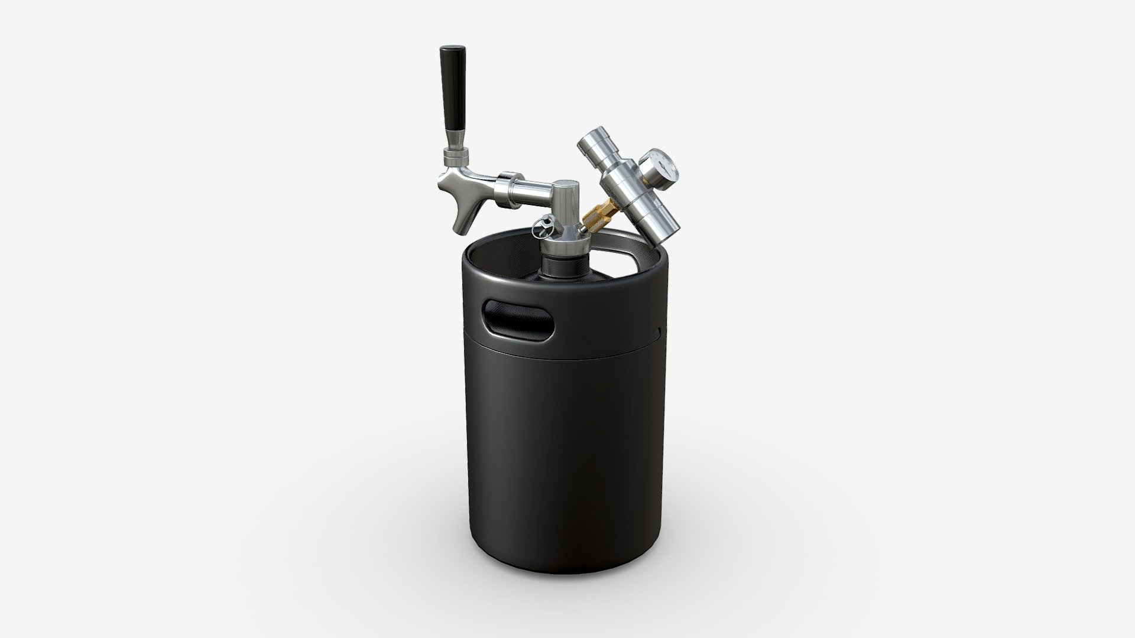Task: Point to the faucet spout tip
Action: pos(459,227)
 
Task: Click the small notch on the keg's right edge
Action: pos(657,328)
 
